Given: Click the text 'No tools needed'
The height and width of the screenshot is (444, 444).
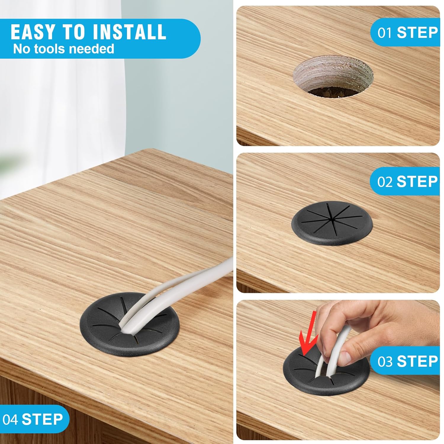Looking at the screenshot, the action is tap(64, 49).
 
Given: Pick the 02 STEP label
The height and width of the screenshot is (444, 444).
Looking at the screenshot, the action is tap(408, 181).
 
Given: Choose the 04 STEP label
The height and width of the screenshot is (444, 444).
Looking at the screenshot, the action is tap(33, 419).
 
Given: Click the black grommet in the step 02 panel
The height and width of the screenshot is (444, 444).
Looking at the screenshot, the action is tap(333, 223).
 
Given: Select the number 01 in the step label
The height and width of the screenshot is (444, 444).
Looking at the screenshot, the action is tap(385, 33).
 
